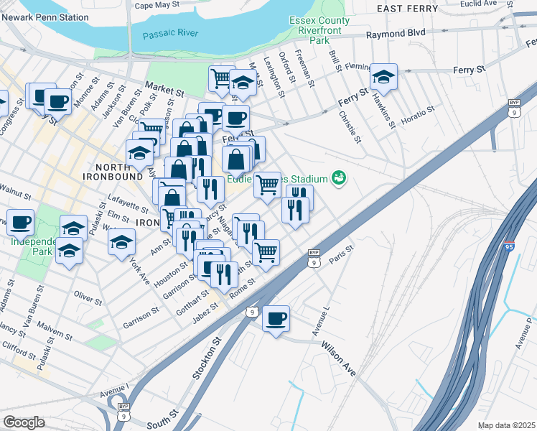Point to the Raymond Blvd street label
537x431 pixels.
396,34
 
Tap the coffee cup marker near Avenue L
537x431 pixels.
276,318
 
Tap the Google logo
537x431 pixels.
24,422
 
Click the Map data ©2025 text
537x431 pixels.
507,425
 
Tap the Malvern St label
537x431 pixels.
55,331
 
